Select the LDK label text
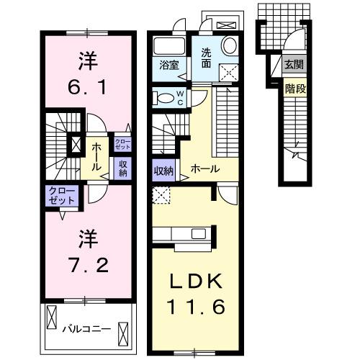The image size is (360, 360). [x=194, y=281]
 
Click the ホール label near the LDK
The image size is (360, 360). [x=204, y=170]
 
